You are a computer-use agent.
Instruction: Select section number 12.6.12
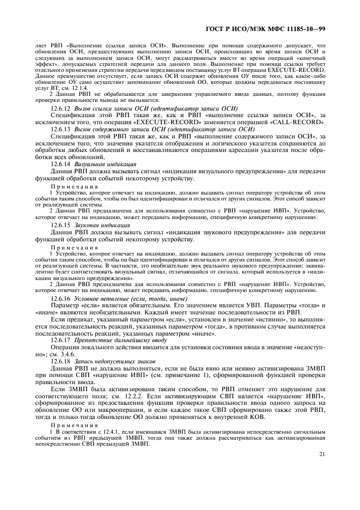pos(60,109)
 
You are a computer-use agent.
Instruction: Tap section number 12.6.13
pos(60,130)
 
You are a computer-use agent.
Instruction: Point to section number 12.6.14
pos(60,164)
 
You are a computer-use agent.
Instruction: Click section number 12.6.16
pos(60,299)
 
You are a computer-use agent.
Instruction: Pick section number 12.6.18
pos(60,361)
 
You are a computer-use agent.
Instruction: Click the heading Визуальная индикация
pos(97,164)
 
